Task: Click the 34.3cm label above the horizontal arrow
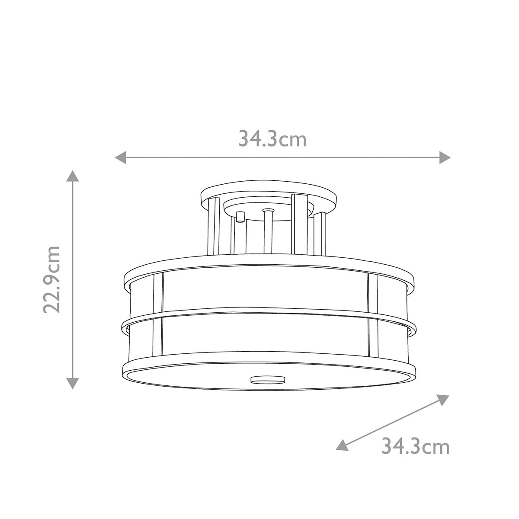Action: (x=272, y=139)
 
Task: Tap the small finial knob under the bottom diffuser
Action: (x=268, y=379)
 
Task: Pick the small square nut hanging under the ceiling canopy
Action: (x=240, y=215)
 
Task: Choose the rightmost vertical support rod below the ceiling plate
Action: (x=320, y=234)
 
